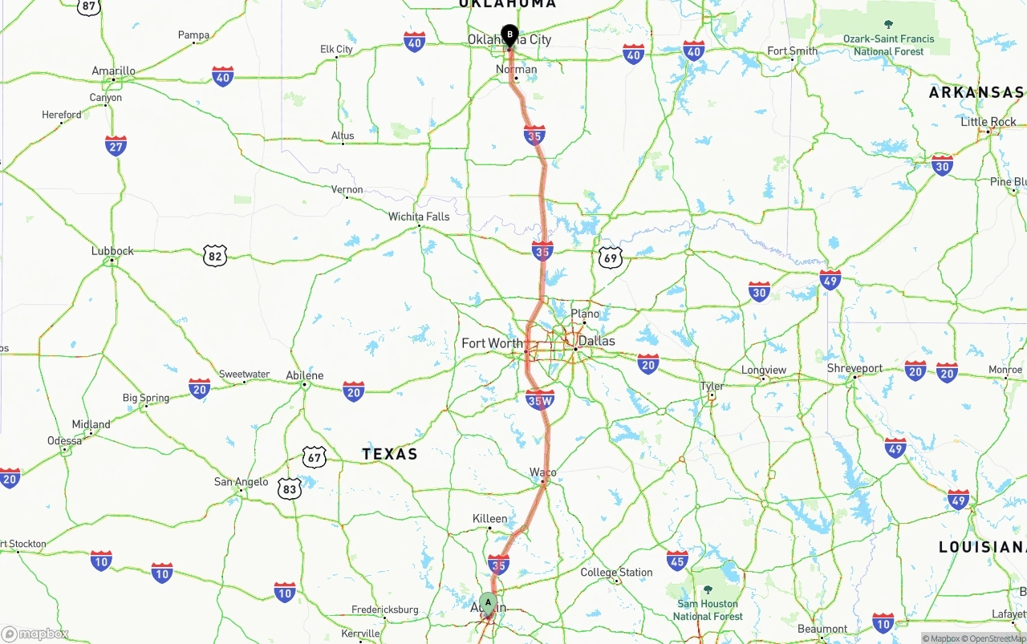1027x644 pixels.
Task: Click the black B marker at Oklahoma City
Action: (x=509, y=35)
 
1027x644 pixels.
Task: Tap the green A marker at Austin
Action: (x=488, y=603)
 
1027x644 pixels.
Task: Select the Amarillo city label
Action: (x=113, y=71)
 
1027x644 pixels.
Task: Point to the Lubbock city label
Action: (x=112, y=251)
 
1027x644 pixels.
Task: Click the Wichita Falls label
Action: (x=419, y=217)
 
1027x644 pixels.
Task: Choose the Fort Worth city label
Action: (x=492, y=343)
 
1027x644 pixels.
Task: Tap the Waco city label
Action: (x=543, y=472)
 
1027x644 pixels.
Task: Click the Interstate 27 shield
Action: (x=116, y=146)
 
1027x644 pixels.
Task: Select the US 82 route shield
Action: (x=215, y=256)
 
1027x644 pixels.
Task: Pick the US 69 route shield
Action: (x=611, y=257)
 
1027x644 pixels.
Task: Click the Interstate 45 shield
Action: (x=677, y=560)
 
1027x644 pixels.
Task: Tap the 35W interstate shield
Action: (x=540, y=399)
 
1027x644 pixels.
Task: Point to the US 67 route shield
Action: (x=315, y=458)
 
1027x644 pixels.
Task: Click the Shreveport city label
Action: (x=854, y=368)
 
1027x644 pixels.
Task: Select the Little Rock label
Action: (x=988, y=122)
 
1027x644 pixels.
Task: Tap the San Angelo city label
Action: (x=241, y=482)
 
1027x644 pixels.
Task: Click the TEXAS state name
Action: (x=390, y=454)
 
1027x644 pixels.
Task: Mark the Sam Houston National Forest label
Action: (x=708, y=610)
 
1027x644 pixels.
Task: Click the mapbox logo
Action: (x=35, y=634)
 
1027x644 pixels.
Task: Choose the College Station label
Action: (x=616, y=573)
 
